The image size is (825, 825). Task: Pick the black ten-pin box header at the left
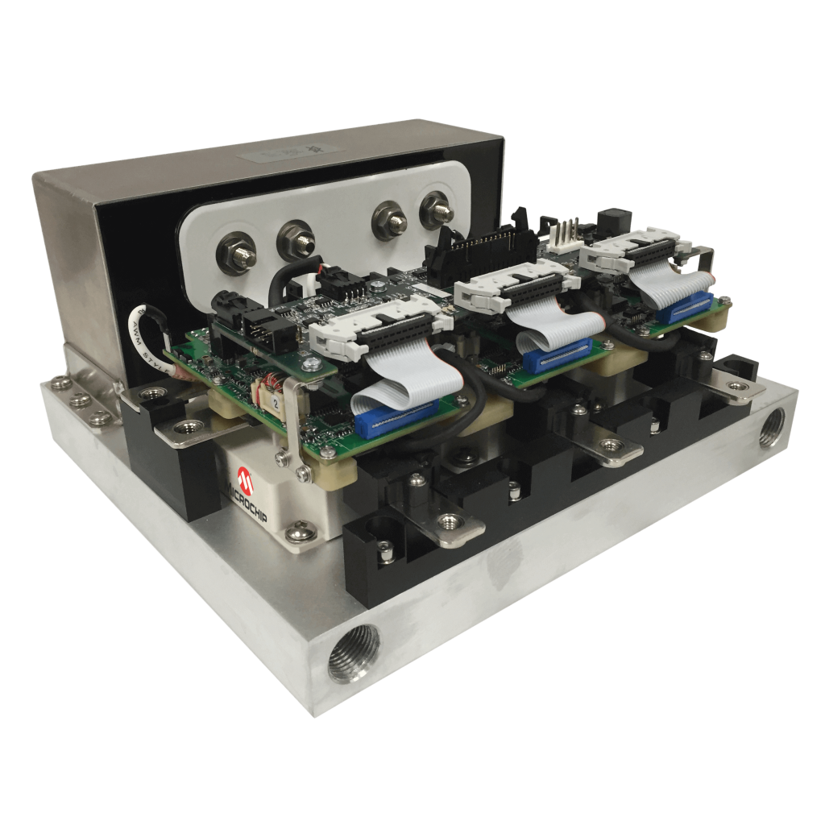click(x=258, y=330)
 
